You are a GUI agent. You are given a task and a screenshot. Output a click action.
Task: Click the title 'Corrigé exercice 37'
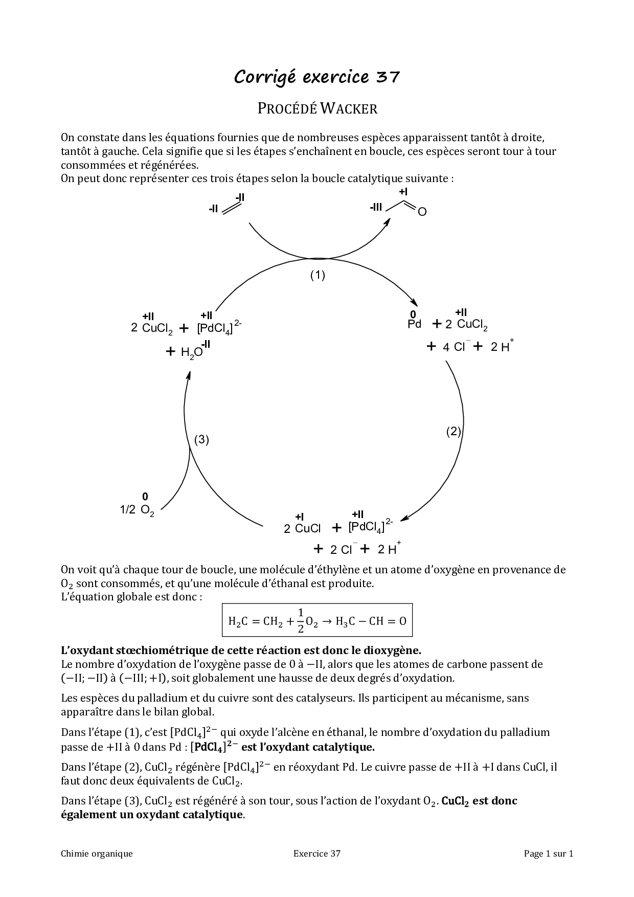(317, 77)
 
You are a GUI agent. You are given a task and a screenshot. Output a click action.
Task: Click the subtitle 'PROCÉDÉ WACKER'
(317, 108)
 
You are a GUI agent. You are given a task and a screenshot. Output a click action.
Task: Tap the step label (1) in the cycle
(318, 275)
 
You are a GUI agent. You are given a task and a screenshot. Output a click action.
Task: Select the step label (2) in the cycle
(454, 431)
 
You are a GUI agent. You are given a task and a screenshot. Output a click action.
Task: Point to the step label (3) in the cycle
(201, 439)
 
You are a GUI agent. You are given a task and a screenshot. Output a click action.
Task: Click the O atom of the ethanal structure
(422, 212)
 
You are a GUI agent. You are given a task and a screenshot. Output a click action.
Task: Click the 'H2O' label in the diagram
(192, 352)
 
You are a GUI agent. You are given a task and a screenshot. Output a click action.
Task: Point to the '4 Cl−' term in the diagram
(455, 347)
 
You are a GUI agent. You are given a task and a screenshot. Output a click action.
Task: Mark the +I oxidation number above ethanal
(403, 192)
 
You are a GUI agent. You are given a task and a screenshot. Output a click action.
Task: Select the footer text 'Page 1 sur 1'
(549, 853)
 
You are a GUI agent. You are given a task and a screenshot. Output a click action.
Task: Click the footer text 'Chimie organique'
(97, 853)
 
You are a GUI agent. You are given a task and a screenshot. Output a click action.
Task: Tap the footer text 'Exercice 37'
(317, 853)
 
